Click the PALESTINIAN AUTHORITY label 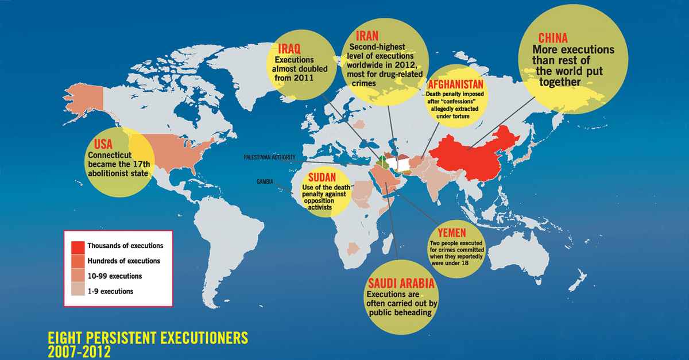(x=269, y=156)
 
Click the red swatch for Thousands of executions (x=78, y=246)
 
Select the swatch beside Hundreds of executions (x=78, y=261)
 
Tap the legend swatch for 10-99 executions (x=78, y=276)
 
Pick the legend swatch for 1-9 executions (x=78, y=292)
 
